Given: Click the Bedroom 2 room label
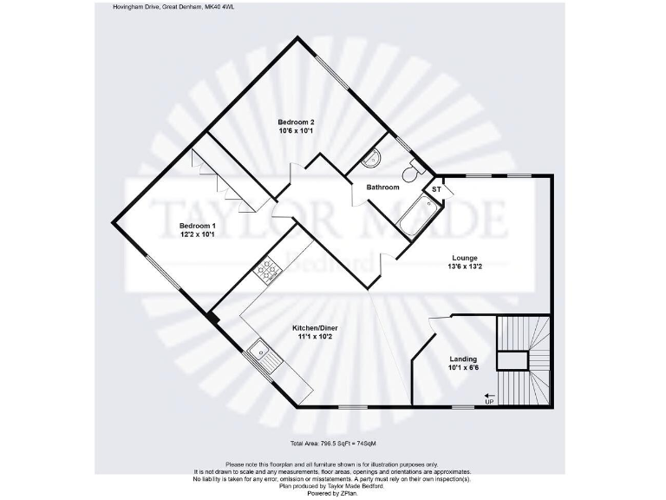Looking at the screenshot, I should point(295,122).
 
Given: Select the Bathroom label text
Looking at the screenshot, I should point(382,187).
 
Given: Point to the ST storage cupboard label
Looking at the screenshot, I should point(436,189).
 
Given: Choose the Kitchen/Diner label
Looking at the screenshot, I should point(315,327).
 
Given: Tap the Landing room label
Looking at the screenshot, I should point(464,359).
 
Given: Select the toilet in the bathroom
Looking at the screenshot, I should point(415,165).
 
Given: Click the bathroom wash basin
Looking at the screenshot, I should point(373,159).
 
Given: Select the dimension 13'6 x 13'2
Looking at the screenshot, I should point(466,267).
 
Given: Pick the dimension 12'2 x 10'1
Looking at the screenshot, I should point(198,234).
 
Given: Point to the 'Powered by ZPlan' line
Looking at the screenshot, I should point(332,492).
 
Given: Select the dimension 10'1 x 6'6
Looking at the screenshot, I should point(464,368).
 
